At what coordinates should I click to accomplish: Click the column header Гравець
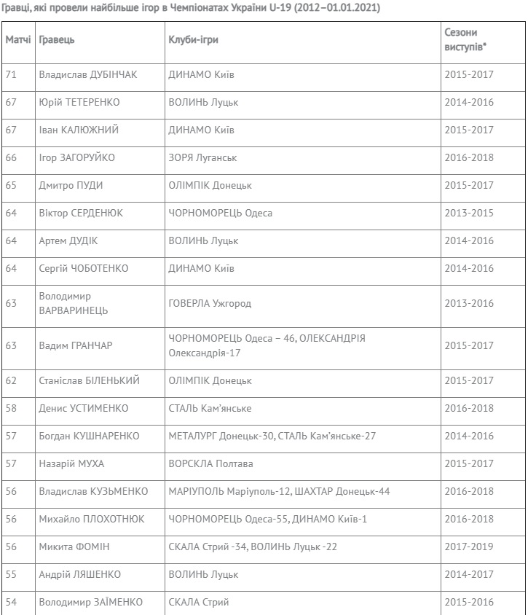coord(56,40)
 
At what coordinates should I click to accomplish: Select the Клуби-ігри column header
coord(193,40)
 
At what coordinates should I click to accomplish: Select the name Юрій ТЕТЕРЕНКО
coord(79,103)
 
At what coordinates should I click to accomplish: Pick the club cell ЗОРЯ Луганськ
coord(202,158)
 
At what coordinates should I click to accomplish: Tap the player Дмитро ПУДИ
coord(71,186)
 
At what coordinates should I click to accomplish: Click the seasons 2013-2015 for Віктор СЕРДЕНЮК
coord(468,214)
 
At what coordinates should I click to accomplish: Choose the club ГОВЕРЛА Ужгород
coord(210,304)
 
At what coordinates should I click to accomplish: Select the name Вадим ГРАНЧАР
coord(76,346)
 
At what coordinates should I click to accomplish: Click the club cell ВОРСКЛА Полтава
coord(210,464)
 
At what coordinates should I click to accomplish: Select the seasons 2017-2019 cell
coord(468,547)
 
